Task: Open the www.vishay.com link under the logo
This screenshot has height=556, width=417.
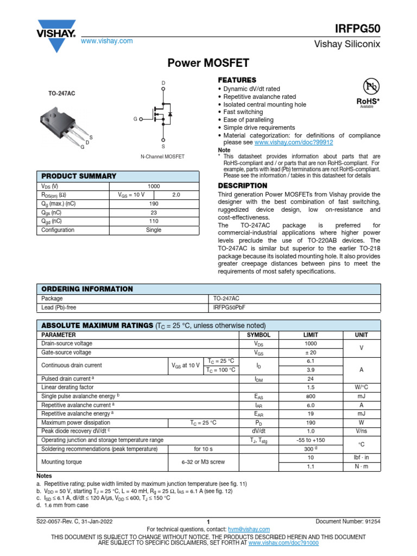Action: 106,41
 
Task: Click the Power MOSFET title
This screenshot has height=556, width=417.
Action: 208,64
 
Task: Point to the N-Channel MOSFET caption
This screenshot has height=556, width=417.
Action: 162,156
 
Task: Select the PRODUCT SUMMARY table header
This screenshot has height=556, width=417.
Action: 79,176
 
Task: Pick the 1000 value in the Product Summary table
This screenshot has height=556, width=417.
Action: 154,186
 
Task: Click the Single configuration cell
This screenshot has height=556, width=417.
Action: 154,230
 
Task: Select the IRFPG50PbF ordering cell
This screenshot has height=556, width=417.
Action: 229,307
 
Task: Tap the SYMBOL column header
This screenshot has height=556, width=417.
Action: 258,335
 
